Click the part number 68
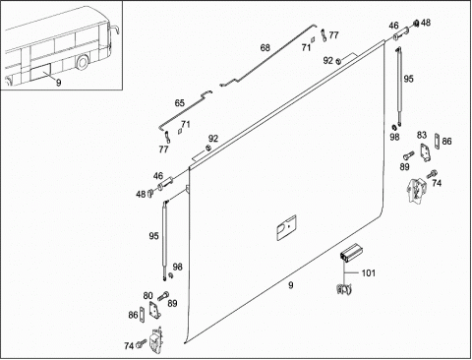point(265,48)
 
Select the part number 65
point(179,103)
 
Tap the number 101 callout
point(368,273)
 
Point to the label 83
point(422,135)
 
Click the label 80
point(147,296)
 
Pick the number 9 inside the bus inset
point(58,83)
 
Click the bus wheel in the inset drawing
point(83,62)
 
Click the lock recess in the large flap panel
point(287,227)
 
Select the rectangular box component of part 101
point(351,253)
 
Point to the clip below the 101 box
point(344,289)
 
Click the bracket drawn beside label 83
point(426,152)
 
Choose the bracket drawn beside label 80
point(154,310)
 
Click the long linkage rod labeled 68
point(267,56)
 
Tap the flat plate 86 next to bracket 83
point(437,142)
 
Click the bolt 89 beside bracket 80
point(163,296)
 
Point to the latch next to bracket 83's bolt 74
point(415,191)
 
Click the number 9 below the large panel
point(291,285)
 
